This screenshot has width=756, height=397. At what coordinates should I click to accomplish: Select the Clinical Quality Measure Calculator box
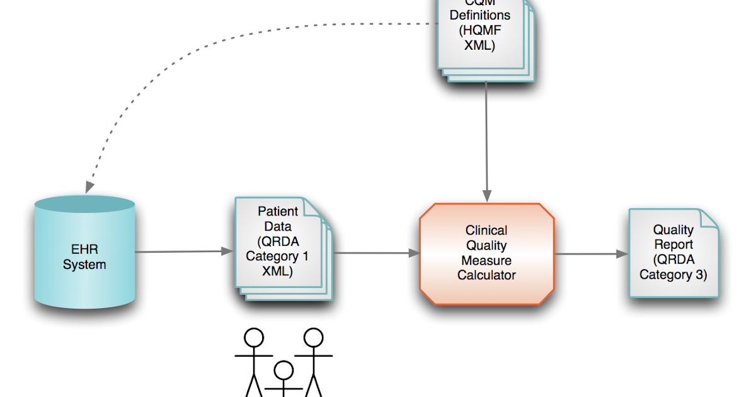(487, 253)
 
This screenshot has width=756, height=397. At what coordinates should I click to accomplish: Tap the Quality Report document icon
(673, 253)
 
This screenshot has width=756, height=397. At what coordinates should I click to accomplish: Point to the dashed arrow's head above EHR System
(89, 187)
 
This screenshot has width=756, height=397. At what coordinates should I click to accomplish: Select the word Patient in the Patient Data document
(278, 212)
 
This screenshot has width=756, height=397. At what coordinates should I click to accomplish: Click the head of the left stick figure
(254, 338)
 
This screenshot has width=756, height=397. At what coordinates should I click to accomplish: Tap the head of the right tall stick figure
(313, 338)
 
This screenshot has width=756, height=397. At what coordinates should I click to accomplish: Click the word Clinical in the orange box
(486, 231)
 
